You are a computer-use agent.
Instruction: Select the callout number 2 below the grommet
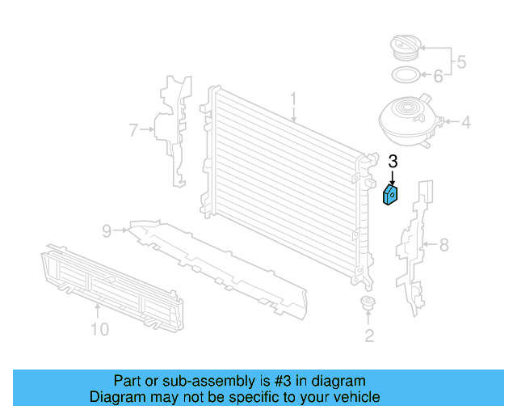click(368, 336)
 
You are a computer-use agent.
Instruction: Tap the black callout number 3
click(393, 162)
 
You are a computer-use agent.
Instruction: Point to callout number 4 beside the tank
click(465, 124)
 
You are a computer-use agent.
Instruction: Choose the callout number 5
click(461, 61)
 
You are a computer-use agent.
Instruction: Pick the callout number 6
click(438, 77)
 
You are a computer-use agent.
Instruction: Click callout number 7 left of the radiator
click(134, 128)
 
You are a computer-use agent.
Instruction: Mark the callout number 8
click(443, 244)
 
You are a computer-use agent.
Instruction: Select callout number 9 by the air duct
click(106, 231)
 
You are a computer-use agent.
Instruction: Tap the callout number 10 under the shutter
click(99, 329)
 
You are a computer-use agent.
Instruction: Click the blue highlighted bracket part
click(391, 195)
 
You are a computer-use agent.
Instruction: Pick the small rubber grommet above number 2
click(368, 305)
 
